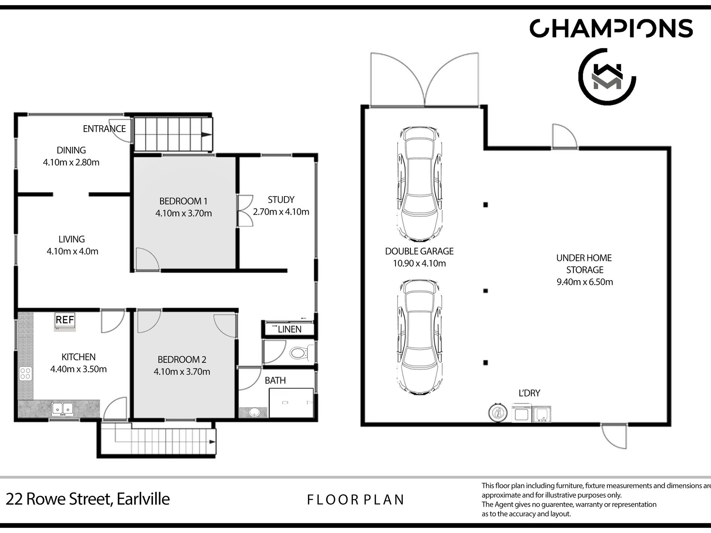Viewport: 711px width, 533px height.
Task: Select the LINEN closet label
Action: click(290, 329)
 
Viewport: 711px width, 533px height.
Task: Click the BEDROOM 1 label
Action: click(183, 201)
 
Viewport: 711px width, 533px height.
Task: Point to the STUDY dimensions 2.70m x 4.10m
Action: click(281, 212)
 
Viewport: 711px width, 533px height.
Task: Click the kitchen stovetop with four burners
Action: click(25, 373)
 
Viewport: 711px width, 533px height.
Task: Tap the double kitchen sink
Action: click(62, 409)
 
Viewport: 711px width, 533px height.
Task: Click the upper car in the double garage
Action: click(419, 184)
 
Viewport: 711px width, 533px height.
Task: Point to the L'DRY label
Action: click(529, 393)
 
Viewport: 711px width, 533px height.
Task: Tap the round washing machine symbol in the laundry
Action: click(498, 413)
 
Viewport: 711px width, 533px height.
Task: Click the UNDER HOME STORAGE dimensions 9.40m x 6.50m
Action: click(585, 282)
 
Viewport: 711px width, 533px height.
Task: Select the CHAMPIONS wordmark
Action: click(611, 28)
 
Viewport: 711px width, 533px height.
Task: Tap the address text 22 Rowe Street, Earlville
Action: click(88, 499)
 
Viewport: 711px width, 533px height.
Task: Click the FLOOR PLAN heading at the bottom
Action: click(355, 500)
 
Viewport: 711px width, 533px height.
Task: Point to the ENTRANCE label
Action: click(104, 129)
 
